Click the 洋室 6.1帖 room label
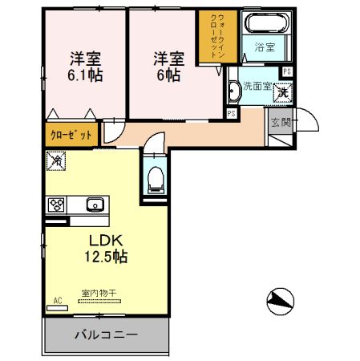[x=83, y=67]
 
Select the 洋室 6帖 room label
[x=169, y=66]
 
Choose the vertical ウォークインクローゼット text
[x=214, y=37]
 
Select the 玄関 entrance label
[x=280, y=123]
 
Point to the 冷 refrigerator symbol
[x=57, y=161]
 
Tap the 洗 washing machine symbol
[x=282, y=93]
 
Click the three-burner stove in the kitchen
[x=57, y=205]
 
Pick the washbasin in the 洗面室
[x=233, y=94]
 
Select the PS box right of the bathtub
[x=286, y=71]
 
